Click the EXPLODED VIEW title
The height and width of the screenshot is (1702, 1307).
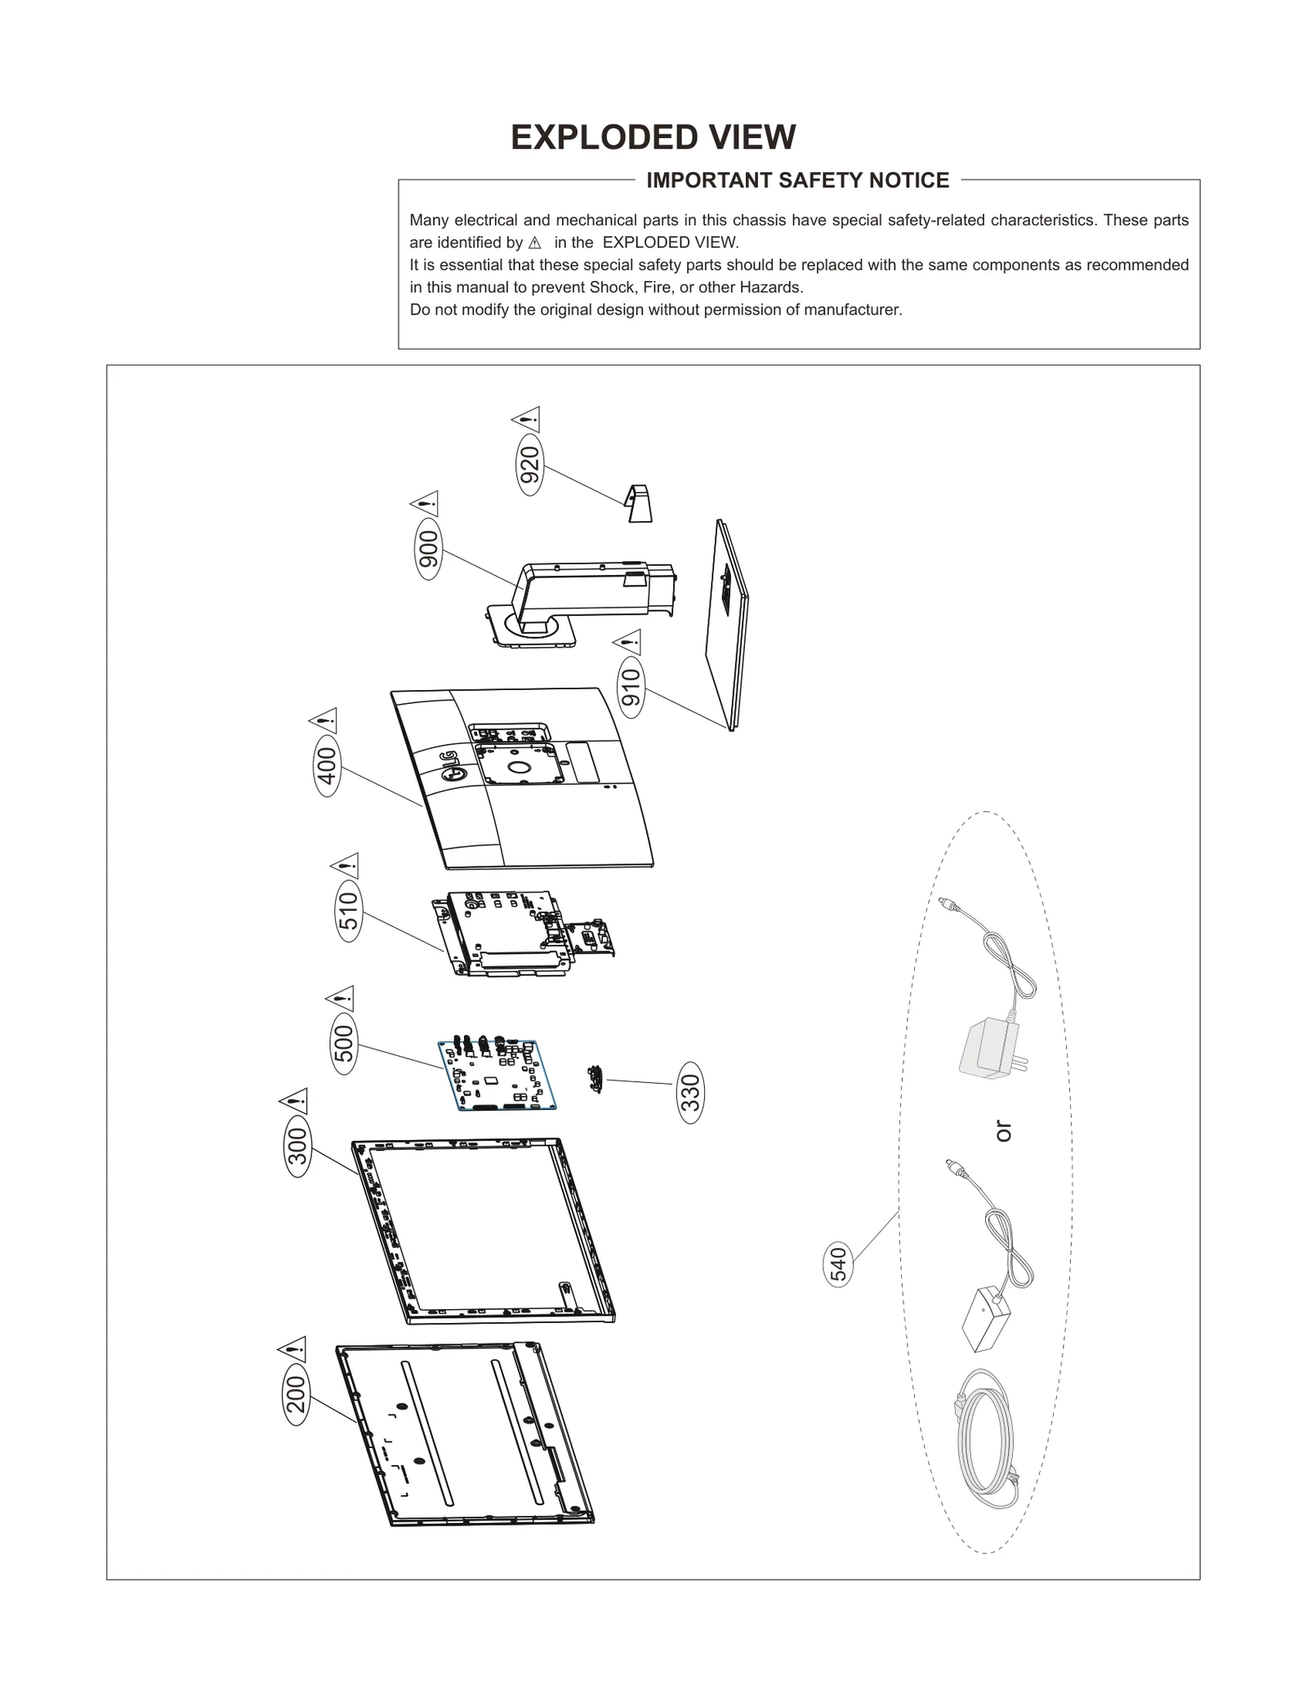tap(653, 137)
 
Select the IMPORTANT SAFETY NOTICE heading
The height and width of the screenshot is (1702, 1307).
tap(797, 180)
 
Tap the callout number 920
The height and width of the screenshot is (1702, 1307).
tap(530, 465)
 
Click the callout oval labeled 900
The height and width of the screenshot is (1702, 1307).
tap(428, 549)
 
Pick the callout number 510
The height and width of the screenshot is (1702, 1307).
tap(348, 911)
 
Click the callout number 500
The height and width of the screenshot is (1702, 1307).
tap(345, 1043)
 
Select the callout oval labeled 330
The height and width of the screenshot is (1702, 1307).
tap(690, 1092)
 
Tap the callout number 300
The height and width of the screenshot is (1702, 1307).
tap(298, 1145)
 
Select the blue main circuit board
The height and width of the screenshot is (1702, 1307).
tap(497, 1074)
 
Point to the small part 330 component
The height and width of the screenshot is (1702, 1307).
tap(595, 1079)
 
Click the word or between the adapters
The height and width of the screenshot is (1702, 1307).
tap(1004, 1131)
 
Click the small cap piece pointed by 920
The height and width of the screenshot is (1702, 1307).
tap(639, 503)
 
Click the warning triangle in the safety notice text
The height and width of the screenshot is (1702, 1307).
tap(535, 243)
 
